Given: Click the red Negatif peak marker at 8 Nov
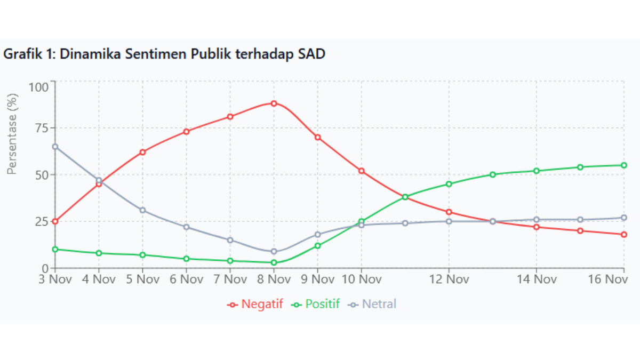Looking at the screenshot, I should click(274, 103).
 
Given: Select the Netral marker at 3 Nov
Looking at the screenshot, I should click(55, 147).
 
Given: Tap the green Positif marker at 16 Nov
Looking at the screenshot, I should click(623, 165).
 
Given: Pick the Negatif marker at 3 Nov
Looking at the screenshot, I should click(55, 221).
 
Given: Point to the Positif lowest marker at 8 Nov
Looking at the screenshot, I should click(274, 262).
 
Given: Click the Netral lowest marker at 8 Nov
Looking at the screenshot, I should click(274, 251).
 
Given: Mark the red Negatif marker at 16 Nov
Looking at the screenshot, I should click(623, 235).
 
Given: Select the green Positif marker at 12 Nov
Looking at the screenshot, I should click(449, 184).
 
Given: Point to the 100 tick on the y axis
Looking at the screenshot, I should click(39, 87).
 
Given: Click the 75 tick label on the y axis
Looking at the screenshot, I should click(41, 129).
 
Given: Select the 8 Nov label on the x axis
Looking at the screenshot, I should click(274, 279).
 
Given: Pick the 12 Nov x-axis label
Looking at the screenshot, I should click(449, 279).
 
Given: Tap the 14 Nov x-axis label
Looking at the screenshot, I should click(536, 279).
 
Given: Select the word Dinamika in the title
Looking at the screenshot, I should click(83, 54).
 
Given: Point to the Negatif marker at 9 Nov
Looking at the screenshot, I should click(317, 137).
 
